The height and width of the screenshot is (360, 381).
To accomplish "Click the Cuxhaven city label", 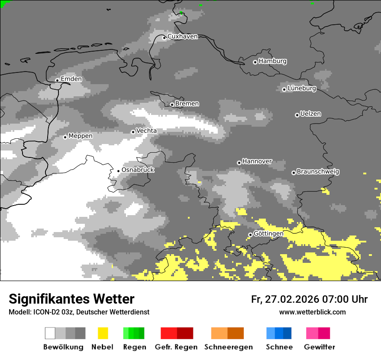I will (x=182, y=36).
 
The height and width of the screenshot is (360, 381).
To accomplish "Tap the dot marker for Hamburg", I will (x=255, y=62).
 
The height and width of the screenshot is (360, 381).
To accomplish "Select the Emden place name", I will (x=71, y=79).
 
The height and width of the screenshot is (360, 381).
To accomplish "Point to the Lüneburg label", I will (x=302, y=88).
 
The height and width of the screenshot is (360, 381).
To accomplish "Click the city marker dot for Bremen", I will (x=172, y=105).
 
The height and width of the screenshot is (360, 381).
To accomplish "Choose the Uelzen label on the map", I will (x=310, y=114).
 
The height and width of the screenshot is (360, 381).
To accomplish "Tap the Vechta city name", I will (x=146, y=131).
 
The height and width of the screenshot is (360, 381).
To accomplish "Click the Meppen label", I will (x=81, y=136).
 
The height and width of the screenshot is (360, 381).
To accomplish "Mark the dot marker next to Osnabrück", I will (x=118, y=171).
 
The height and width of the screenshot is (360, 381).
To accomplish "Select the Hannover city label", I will (x=257, y=161).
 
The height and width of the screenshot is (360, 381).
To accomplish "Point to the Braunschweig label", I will (x=318, y=172).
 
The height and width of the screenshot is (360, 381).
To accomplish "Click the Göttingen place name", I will (x=268, y=234).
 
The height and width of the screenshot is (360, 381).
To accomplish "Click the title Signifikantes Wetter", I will (x=71, y=299).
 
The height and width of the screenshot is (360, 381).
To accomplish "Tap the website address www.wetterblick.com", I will (x=312, y=312).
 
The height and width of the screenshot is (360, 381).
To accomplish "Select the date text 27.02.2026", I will (x=293, y=299).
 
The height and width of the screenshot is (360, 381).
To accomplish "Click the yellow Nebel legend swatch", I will (x=103, y=333).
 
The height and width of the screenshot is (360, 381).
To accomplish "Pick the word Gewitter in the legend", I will (x=319, y=347).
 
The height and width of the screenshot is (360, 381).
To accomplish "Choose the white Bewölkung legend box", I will (x=50, y=333).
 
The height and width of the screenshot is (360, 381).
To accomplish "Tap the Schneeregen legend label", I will (x=228, y=347).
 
